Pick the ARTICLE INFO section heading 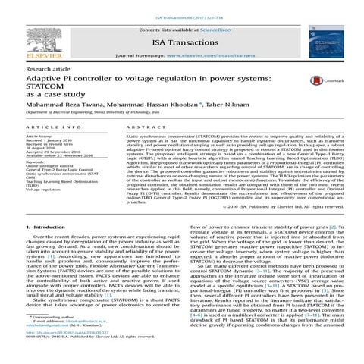pos(50,149)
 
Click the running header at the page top pos(182,7)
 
